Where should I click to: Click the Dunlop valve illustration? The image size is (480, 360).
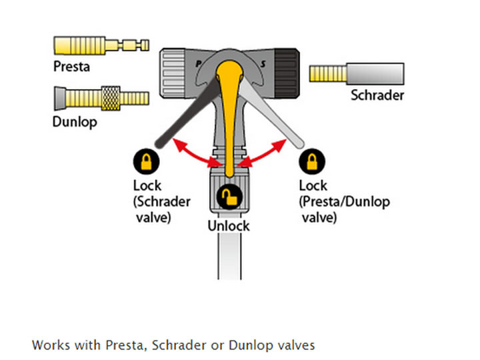(100, 100)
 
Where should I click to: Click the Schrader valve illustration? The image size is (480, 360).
(357, 72)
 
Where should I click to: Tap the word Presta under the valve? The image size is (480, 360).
(71, 67)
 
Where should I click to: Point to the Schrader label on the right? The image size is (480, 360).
(377, 95)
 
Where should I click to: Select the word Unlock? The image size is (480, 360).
(229, 225)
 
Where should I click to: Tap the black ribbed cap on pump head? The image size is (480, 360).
(291, 69)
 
